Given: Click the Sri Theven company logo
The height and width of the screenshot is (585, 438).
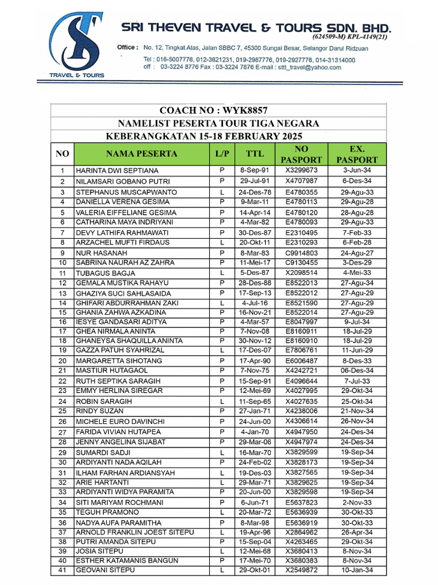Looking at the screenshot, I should pos(77,46).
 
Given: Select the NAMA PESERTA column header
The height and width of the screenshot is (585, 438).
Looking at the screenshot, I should pos(141,154).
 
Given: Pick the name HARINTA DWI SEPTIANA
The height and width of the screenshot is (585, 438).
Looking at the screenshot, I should pos(117,171).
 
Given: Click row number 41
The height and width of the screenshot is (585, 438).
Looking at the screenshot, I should pos(63,570).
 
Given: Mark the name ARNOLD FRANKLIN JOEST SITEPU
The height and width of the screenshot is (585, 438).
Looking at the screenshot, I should pos(135,532).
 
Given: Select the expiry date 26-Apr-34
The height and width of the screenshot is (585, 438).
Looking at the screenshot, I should pos(358,532).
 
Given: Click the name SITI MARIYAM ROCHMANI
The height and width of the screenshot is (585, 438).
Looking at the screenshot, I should pos(119,503).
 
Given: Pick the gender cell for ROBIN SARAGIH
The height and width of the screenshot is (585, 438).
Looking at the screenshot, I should pos(221,402).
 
